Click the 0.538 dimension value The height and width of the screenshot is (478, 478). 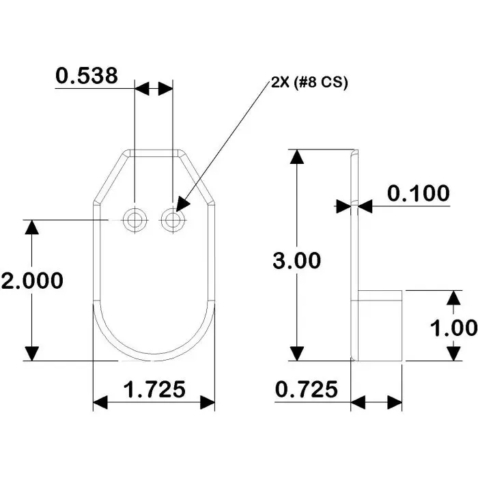point(86,76)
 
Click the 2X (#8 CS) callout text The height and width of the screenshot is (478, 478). point(309,83)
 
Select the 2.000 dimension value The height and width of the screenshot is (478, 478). point(32,281)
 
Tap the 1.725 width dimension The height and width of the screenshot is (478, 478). point(154,390)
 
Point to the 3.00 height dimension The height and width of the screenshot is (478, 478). point(296,260)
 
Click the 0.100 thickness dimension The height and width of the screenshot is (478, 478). point(418,193)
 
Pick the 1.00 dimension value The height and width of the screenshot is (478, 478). point(453,327)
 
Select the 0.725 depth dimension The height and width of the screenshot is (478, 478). point(307,390)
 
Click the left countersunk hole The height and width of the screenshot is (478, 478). point(135,220)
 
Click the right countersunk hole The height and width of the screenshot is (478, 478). point(173,220)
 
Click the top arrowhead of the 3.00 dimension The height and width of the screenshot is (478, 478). point(296,158)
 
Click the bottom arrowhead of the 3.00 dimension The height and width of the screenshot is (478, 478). point(296,351)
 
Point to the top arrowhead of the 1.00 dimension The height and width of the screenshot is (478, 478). point(453,299)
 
